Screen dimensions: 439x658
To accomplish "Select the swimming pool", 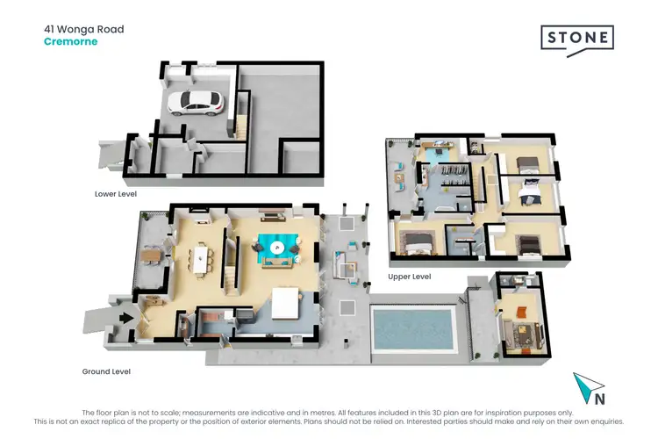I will click(414, 327).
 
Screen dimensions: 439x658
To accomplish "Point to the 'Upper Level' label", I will click(410, 277).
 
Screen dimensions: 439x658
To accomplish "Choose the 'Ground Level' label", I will click(106, 371).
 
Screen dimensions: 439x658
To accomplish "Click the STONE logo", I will click(576, 40).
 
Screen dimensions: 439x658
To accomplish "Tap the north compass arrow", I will click(584, 387).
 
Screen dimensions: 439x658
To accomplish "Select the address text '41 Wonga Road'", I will click(84, 29).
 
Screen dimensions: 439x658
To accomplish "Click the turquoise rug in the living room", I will click(278, 248).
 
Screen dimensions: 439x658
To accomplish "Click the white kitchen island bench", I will click(284, 304).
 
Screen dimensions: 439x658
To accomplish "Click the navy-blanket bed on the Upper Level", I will click(529, 187).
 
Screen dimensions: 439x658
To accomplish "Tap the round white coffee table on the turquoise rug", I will click(278, 248).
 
